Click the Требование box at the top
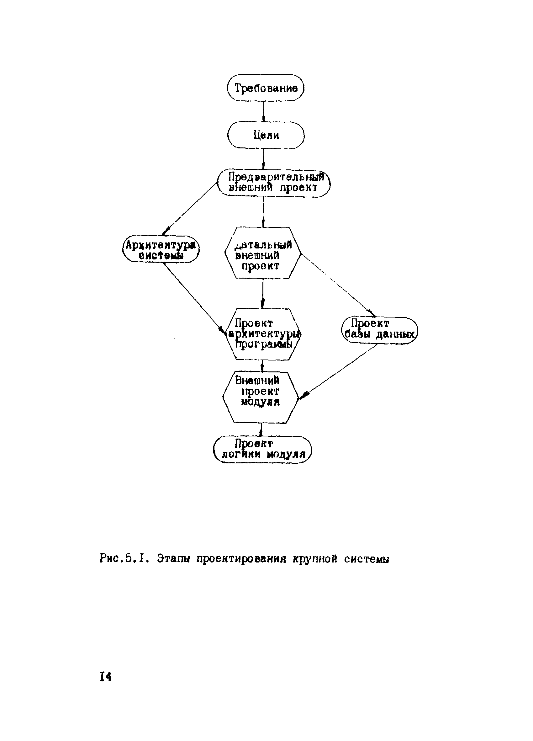[266, 88]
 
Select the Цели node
[266, 135]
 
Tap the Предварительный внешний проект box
[274, 183]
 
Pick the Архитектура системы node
[161, 249]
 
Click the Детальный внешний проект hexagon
[263, 253]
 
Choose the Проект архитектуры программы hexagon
[263, 334]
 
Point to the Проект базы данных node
[379, 330]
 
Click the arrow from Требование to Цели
[264, 111]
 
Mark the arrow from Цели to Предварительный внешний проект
[264, 159]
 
